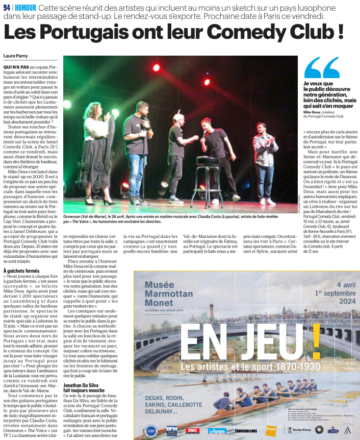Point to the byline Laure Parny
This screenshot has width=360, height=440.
point(16,56)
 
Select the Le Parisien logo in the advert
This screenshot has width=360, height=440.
point(217,431)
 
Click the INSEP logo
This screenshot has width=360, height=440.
point(333,431)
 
